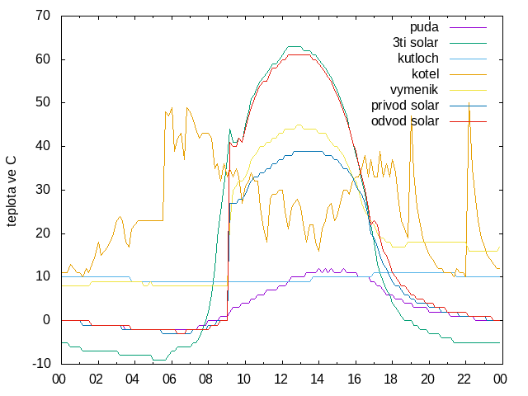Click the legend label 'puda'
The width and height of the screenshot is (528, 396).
(424, 27)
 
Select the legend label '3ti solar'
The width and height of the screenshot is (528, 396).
(415, 43)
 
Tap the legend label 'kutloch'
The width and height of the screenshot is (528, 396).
(418, 59)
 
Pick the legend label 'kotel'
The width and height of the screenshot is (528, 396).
(426, 73)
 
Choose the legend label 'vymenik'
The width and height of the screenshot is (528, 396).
(414, 90)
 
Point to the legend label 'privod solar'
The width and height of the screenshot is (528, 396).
(405, 106)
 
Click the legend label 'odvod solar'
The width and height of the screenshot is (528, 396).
(405, 121)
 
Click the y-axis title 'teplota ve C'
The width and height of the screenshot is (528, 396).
(11, 191)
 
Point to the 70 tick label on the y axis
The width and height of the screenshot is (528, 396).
(43, 16)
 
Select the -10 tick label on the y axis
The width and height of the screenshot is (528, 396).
(41, 364)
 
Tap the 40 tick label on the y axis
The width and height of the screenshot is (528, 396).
(43, 146)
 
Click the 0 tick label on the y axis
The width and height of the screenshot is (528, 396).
(47, 320)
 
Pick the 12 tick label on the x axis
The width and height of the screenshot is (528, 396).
(280, 379)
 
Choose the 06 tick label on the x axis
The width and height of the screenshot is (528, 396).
(169, 379)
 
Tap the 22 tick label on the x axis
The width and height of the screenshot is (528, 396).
(464, 379)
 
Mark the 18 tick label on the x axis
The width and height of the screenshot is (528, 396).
(390, 379)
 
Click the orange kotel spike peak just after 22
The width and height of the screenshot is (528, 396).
(469, 104)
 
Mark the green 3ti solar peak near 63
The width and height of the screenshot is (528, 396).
(295, 46)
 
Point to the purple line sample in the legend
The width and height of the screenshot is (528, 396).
(468, 27)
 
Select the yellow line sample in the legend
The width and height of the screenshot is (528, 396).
(468, 90)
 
